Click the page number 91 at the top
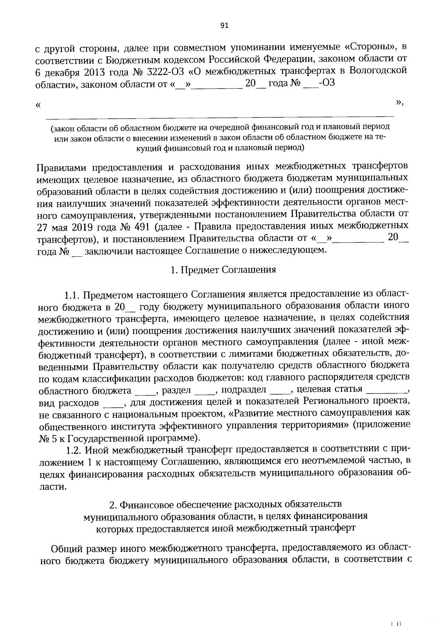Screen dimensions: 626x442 pyautogui.click(x=224, y=25)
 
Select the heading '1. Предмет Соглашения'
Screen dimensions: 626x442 pyautogui.click(x=223, y=270)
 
